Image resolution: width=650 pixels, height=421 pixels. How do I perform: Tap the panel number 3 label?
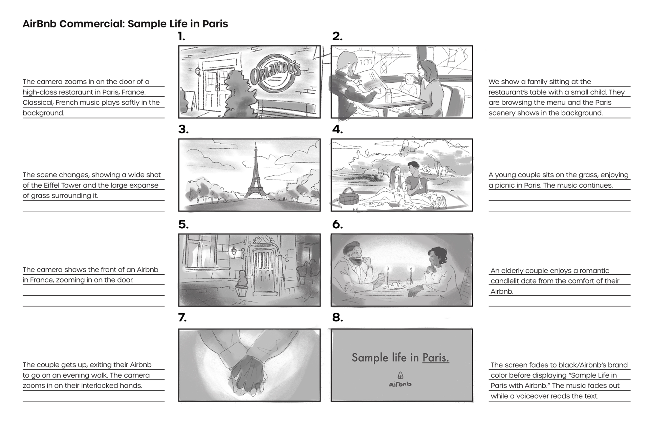tap(183, 129)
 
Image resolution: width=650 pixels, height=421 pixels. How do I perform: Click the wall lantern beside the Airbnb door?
tap(234, 252)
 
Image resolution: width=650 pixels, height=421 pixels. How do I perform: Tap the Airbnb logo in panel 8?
tap(400, 380)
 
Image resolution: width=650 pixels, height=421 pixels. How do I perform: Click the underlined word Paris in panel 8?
tap(436, 358)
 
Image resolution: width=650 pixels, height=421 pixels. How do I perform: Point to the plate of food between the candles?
tap(395, 286)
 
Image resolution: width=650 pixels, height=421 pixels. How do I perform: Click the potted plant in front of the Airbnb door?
tap(241, 284)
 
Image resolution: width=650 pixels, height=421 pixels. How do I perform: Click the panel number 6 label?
tap(338, 224)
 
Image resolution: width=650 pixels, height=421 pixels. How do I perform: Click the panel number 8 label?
tap(338, 318)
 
